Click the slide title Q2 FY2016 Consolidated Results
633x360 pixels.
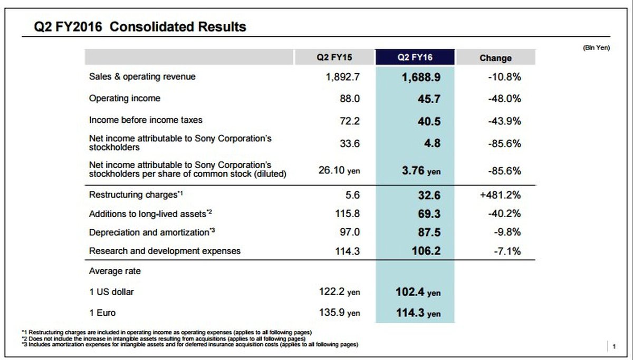pos(140,26)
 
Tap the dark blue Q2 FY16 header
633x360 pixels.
pos(415,58)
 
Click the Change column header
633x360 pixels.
pos(495,58)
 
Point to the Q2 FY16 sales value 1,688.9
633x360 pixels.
pos(420,77)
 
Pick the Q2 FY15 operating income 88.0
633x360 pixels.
pos(349,99)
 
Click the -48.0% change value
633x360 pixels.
pos(504,99)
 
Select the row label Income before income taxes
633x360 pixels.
pos(146,120)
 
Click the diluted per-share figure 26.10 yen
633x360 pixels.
pos(340,171)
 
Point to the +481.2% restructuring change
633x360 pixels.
pos(500,194)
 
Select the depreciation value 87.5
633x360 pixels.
pos(428,232)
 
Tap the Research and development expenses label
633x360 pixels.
pos(165,251)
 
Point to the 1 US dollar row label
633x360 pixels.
pos(111,291)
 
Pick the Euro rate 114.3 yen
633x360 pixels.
pos(418,313)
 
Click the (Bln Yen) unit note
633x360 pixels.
pos(596,47)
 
